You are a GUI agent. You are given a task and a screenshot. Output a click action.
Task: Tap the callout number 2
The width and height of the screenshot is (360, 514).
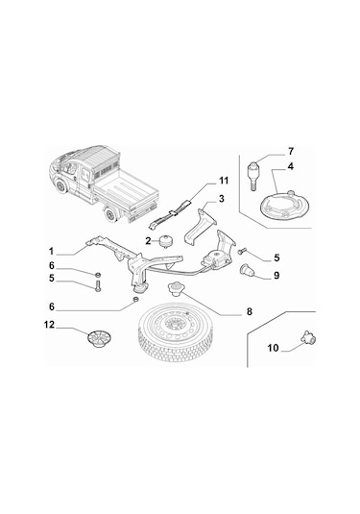coord(150,240)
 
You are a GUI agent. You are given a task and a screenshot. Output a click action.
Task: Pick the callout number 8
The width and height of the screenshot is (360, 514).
coord(249,311)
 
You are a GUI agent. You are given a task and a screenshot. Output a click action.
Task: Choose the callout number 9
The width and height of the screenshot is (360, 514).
coord(275,275)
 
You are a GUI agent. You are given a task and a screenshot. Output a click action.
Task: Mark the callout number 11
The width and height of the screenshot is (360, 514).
coord(223,181)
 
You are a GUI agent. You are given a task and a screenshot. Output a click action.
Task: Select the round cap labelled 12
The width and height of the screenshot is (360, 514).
coord(97,339)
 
